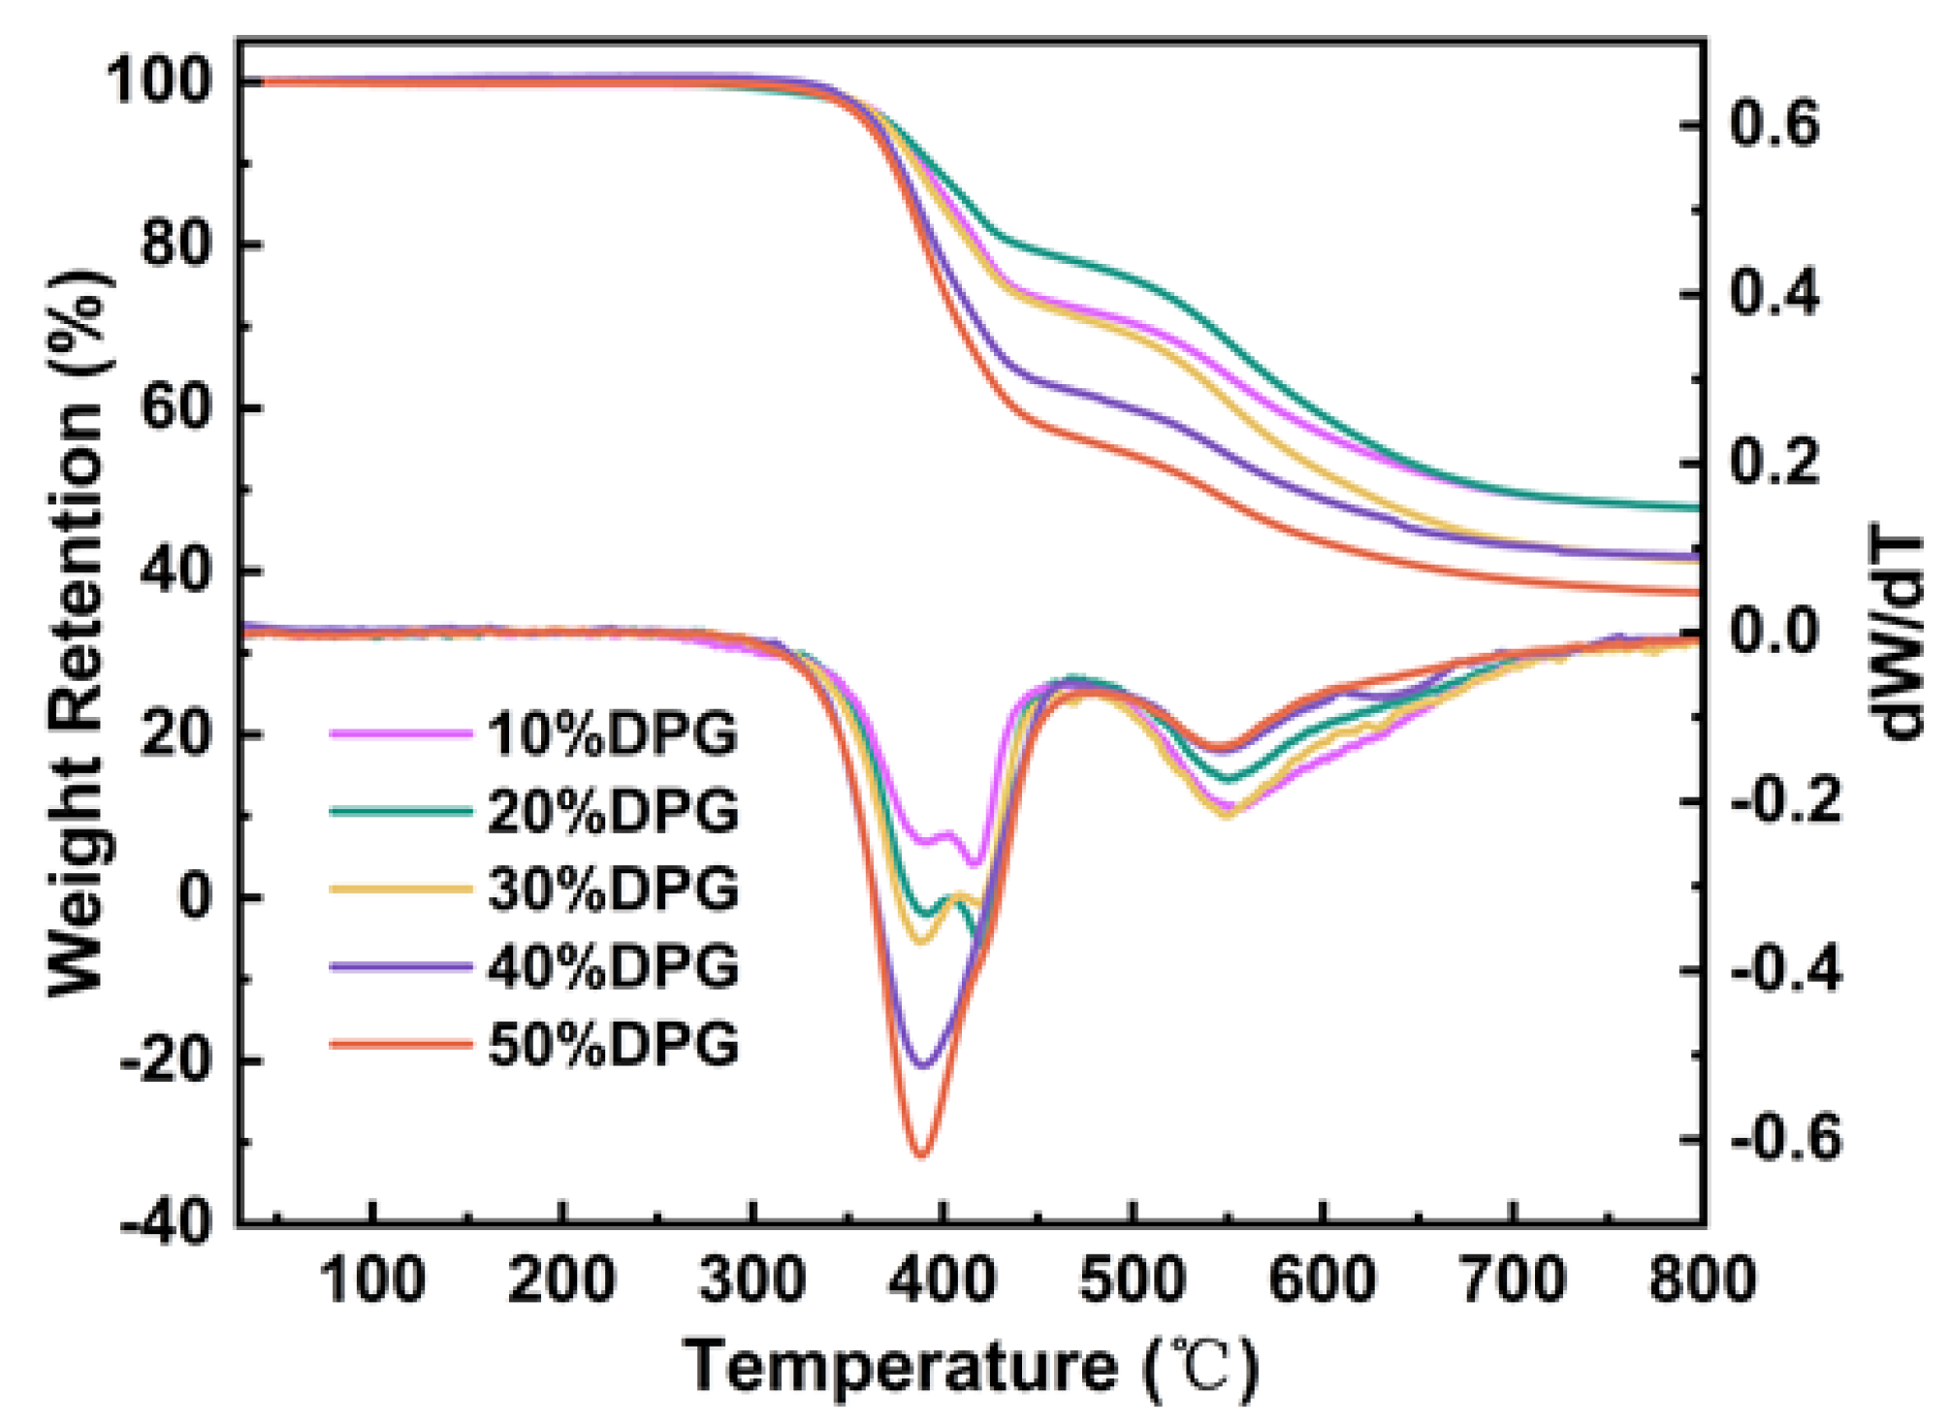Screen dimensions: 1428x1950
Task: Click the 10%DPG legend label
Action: click(612, 733)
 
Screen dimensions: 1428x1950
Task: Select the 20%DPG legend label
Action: click(612, 811)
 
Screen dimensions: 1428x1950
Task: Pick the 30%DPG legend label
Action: click(612, 889)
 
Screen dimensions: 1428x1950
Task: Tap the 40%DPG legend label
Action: click(612, 966)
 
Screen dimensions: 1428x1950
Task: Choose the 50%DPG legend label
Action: click(612, 1045)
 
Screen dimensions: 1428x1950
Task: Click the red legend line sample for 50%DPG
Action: click(400, 1045)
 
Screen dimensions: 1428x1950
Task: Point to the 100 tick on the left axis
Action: click(160, 81)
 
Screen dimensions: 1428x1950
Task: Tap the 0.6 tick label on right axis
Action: click(1775, 125)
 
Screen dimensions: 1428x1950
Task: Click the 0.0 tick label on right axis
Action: click(1775, 632)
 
